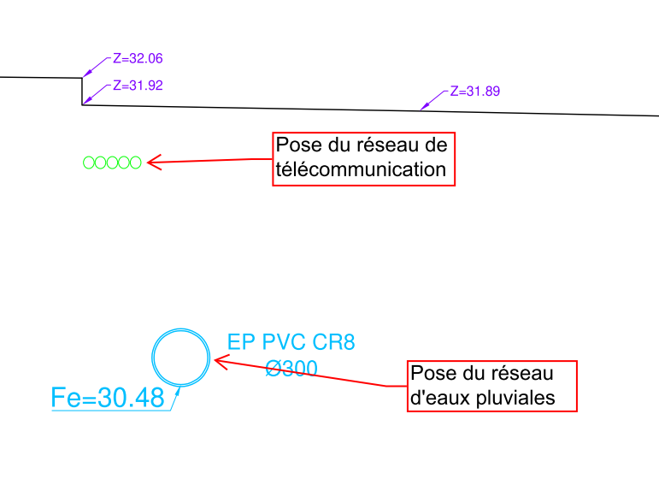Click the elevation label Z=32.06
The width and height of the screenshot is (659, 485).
point(137,59)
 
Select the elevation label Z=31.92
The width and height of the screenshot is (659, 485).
point(137,86)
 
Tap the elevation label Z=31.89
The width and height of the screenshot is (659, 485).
point(474,91)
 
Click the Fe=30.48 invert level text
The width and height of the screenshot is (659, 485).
point(108,397)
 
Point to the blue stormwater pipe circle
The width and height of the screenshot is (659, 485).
point(181,357)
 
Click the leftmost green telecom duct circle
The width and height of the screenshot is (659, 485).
point(88,163)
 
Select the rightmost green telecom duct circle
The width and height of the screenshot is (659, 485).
point(135,163)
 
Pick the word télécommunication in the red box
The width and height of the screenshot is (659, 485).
point(362,169)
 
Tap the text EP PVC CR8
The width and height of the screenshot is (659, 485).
point(291,342)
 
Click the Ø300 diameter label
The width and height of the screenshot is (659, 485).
point(291,369)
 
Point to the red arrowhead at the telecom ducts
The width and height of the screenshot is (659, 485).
point(154,162)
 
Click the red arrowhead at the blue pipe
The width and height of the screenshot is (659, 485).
point(219,363)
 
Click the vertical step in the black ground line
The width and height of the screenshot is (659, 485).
point(82,91)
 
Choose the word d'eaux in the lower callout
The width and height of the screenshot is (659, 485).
point(438,398)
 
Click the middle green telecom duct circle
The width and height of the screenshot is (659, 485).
point(112,163)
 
